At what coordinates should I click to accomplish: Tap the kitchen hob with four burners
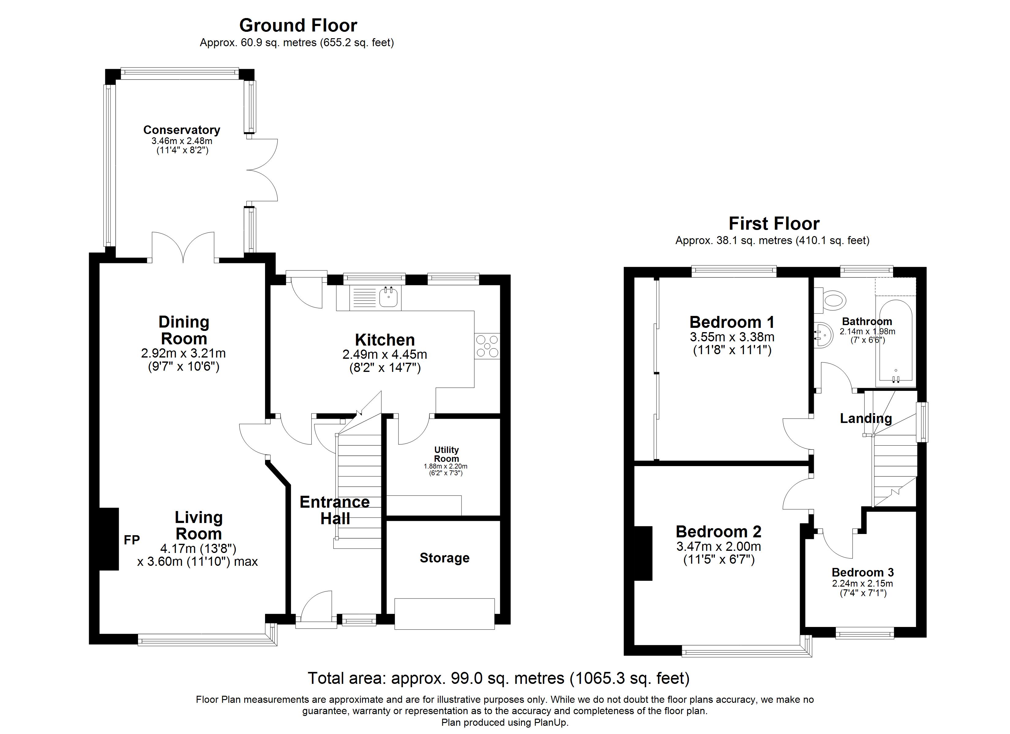tap(487, 346)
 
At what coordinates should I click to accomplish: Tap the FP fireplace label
tap(132, 540)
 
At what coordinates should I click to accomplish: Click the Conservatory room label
tap(182, 130)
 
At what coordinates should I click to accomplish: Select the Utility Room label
tap(446, 454)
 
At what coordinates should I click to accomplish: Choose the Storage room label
tap(444, 558)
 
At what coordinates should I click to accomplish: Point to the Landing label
tap(866, 418)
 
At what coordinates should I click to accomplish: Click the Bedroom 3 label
tap(862, 573)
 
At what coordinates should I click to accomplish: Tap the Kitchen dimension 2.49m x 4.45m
tap(385, 355)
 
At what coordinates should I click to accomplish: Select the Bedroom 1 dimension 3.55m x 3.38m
tap(732, 337)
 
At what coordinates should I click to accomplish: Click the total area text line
tap(499, 678)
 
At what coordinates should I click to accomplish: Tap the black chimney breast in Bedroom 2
tap(643, 553)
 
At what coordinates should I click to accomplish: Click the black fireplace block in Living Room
tap(109, 539)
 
